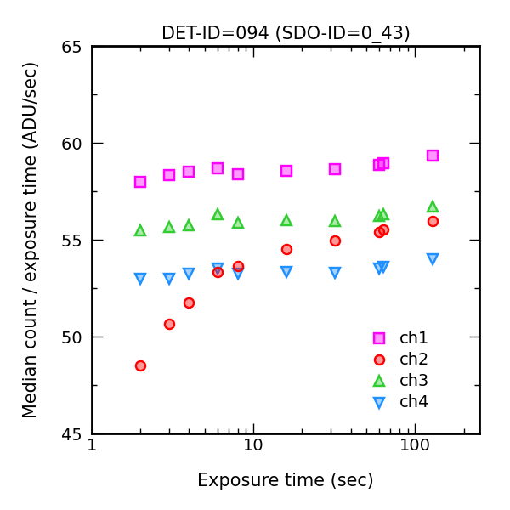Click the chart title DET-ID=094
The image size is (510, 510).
click(x=286, y=33)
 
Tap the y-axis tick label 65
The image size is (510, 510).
click(x=73, y=47)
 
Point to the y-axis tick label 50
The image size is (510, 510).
click(x=73, y=337)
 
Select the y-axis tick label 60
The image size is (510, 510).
click(x=73, y=144)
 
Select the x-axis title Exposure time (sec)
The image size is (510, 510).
click(x=286, y=480)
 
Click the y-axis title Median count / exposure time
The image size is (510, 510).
click(x=31, y=240)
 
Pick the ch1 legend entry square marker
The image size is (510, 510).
click(x=379, y=337)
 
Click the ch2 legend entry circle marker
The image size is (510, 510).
click(x=379, y=360)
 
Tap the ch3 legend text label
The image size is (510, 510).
click(x=414, y=381)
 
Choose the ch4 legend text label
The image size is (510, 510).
click(x=414, y=402)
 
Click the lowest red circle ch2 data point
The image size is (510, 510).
click(x=140, y=365)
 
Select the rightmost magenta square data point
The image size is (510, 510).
click(x=433, y=156)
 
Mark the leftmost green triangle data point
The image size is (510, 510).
click(x=140, y=230)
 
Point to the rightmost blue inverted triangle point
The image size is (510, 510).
click(x=433, y=259)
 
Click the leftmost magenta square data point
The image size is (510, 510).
click(x=140, y=182)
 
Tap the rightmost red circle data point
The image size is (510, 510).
click(x=433, y=221)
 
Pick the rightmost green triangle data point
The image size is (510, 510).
click(x=433, y=207)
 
